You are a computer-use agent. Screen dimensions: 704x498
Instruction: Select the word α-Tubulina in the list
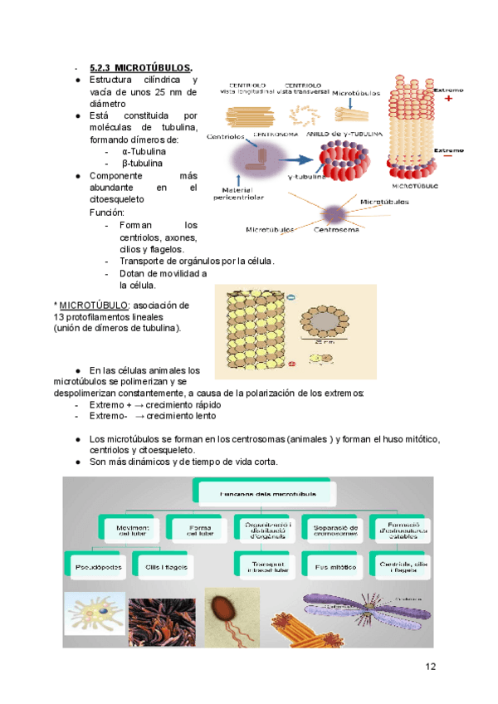click(143, 152)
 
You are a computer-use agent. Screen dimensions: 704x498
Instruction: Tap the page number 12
click(429, 666)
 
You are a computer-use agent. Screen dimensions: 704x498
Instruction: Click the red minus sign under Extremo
click(448, 154)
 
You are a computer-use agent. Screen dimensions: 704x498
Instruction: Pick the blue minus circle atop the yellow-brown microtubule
click(290, 296)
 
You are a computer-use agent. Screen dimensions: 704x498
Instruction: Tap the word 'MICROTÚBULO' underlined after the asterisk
click(94, 305)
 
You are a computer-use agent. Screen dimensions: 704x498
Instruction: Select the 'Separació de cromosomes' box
click(335, 529)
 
